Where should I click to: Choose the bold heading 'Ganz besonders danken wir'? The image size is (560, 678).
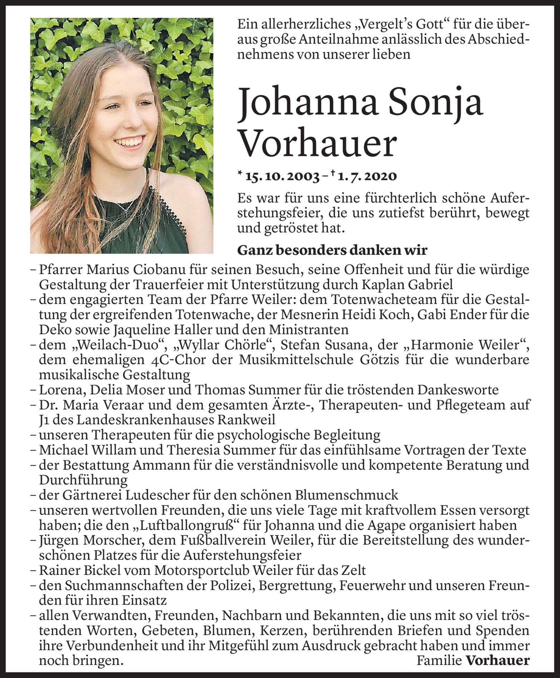332,250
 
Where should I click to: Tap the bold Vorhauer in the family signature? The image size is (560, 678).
497,660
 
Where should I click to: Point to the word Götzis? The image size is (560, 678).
383,360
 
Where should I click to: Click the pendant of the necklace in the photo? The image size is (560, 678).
126,212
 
